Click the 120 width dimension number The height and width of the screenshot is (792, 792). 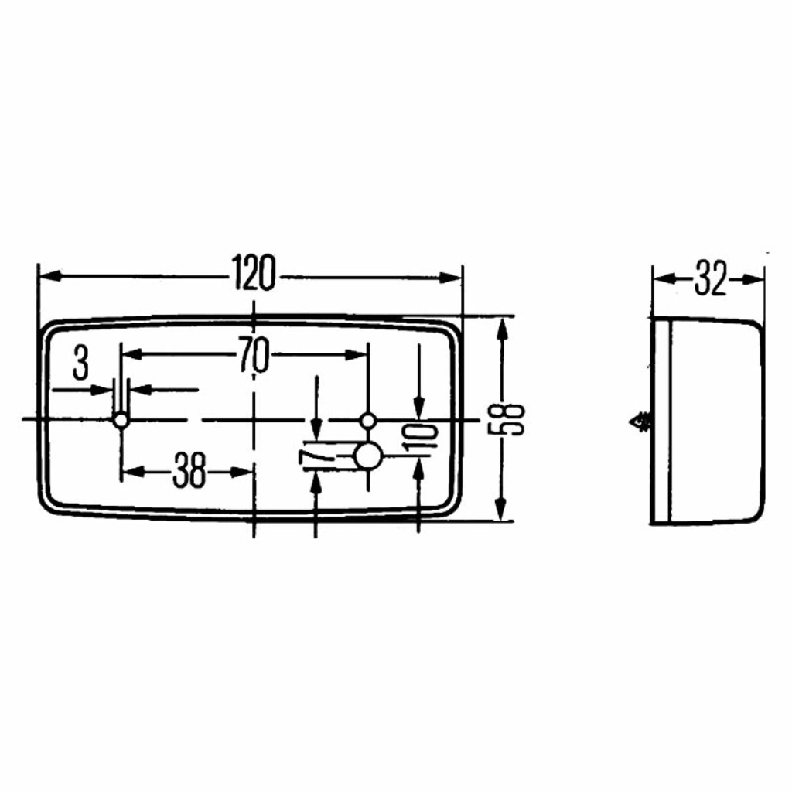tap(254, 274)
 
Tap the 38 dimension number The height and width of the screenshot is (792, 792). tap(189, 471)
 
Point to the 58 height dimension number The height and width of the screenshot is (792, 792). tap(507, 418)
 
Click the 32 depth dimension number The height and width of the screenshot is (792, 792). tap(710, 278)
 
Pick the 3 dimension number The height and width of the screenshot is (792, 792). tap(80, 363)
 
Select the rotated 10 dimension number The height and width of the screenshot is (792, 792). tap(419, 438)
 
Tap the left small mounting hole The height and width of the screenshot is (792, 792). tap(121, 420)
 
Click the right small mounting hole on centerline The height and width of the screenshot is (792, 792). tap(367, 420)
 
